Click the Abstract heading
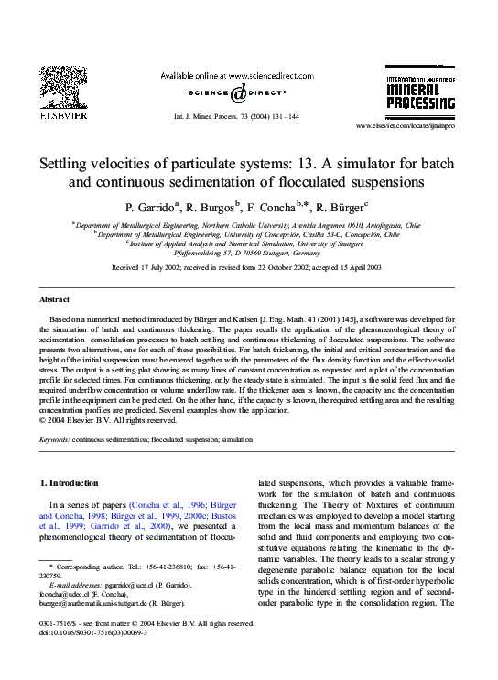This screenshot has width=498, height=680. pos(54,300)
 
